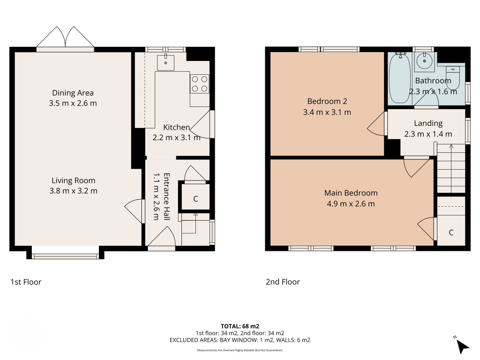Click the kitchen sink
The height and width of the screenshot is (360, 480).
coord(165,62)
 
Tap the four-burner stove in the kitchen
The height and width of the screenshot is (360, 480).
coord(200,84)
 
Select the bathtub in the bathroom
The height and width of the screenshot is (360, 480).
coord(400,78)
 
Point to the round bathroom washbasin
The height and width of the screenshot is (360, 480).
coord(424,61)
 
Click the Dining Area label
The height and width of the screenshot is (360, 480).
coord(73,93)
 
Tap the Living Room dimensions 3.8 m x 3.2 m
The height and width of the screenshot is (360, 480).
coord(74,191)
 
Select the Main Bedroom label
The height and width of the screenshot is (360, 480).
coord(351,193)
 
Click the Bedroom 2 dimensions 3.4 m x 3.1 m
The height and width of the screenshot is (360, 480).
coord(327,112)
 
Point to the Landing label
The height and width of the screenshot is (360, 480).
coord(428,123)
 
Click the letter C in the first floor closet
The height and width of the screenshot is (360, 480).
coord(195,199)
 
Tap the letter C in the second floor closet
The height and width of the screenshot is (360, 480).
coord(451,232)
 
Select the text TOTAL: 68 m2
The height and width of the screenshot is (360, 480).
coord(240,326)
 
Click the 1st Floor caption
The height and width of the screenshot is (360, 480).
coord(26,282)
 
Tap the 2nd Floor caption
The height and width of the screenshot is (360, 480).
coord(283,282)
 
